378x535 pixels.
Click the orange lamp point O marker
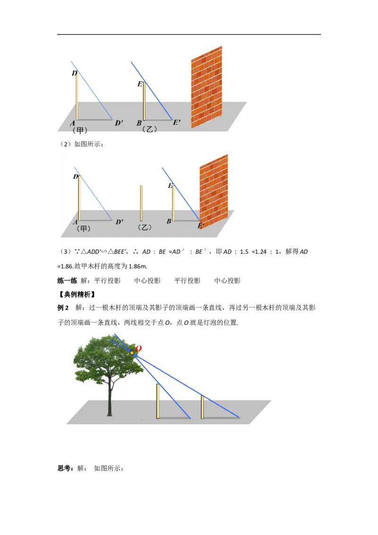132,353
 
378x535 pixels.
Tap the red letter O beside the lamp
138,349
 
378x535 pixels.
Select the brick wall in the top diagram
207,87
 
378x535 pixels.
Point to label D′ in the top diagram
119,123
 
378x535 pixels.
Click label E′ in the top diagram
177,122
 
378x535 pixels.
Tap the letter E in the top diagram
140,84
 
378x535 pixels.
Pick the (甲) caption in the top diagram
80,130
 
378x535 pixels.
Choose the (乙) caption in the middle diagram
145,227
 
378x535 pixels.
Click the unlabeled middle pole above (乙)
141,203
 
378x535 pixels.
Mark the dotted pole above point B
173,203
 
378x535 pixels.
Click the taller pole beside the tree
158,401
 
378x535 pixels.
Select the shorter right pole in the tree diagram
202,407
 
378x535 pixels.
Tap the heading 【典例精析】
77,294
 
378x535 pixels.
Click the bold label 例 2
63,308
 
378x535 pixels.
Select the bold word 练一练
67,281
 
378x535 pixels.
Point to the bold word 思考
64,468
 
